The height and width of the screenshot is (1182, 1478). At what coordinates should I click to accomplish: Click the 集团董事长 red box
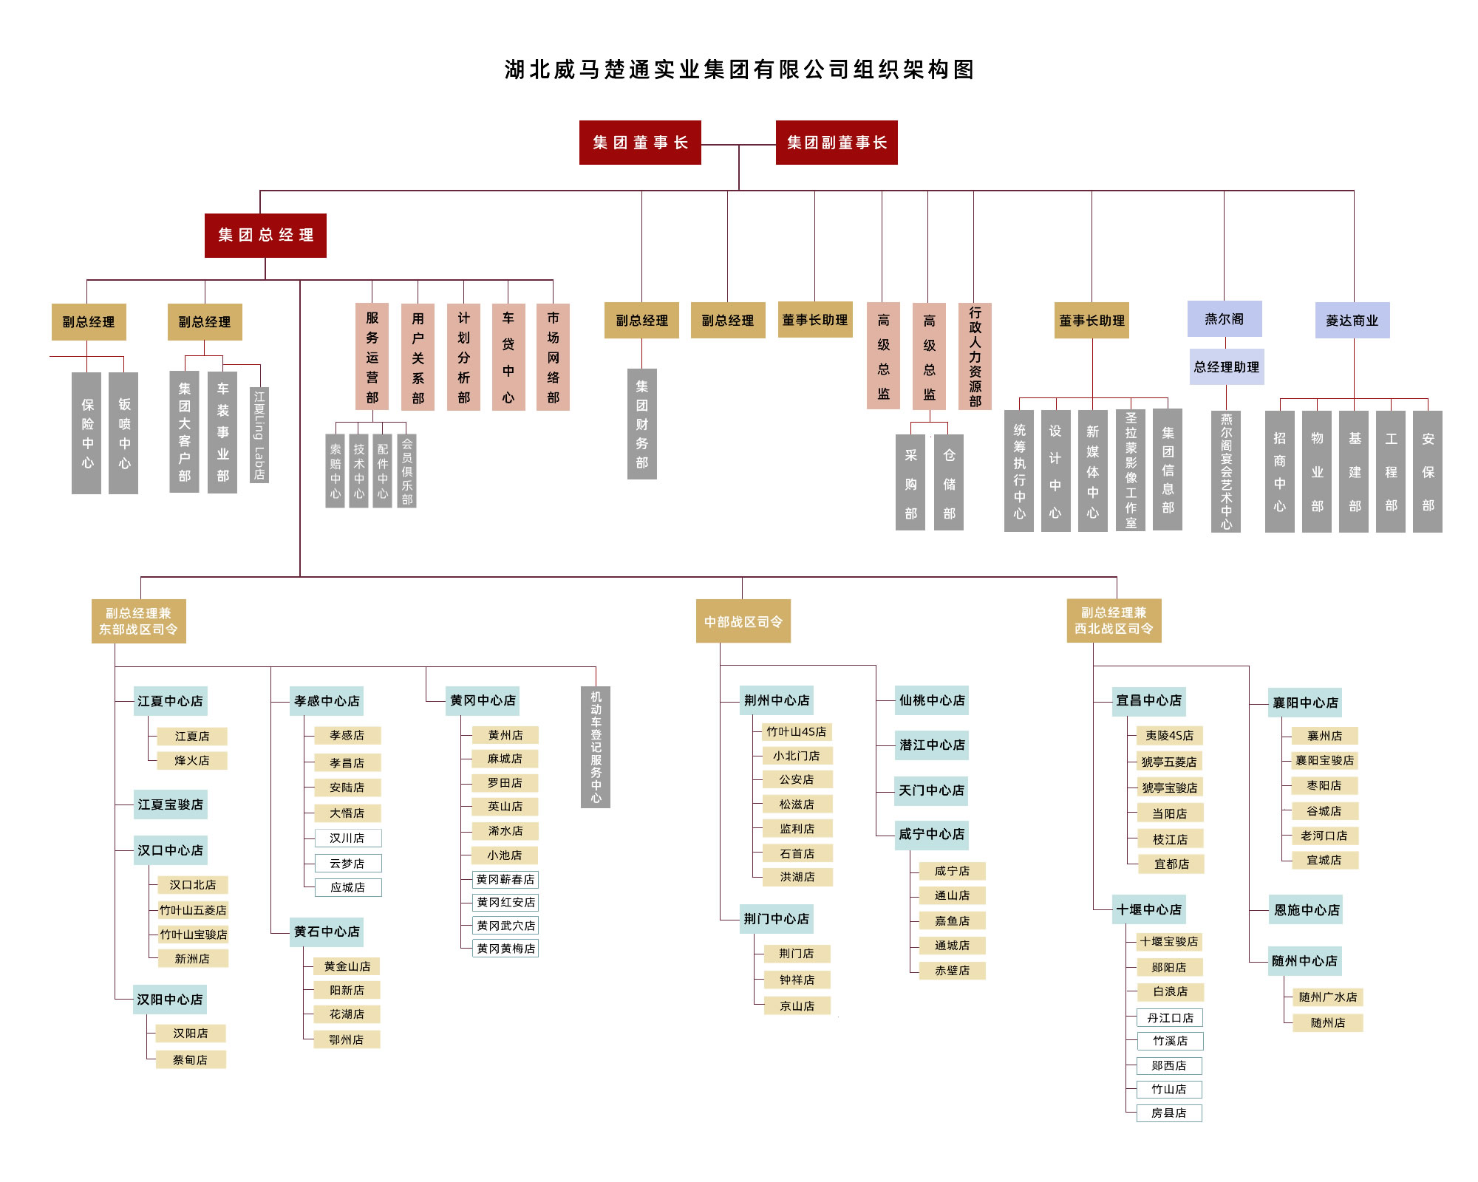pos(640,143)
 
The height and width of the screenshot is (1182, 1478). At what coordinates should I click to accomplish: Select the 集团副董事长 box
pos(837,143)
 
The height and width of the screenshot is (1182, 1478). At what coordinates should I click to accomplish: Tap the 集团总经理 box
pos(265,235)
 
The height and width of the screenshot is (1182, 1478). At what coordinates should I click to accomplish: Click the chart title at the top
pos(739,69)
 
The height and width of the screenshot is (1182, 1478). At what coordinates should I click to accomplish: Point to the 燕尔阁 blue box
pos(1225,319)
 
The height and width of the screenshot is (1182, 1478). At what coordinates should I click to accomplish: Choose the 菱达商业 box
pos(1352,321)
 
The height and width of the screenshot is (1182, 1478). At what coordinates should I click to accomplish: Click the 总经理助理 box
pos(1227,367)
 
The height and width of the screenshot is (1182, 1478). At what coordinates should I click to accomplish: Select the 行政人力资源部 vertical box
pos(975,356)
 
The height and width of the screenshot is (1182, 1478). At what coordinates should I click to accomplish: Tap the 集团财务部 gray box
pos(642,424)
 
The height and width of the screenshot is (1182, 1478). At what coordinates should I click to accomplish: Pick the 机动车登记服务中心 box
pos(596,747)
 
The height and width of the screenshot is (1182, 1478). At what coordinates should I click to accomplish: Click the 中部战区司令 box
pos(743,621)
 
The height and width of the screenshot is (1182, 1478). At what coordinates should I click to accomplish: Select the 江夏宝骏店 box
pos(170,804)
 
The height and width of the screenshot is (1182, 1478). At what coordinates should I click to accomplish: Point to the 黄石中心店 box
pos(327,932)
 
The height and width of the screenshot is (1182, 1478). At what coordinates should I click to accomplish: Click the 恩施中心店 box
pos(1307,910)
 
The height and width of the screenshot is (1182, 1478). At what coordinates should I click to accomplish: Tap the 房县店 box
pos(1169,1113)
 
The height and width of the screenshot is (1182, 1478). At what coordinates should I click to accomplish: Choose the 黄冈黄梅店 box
pos(505,949)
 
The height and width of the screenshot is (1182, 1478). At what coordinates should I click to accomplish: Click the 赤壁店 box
pos(952,971)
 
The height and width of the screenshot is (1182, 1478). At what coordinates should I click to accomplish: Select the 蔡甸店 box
pos(191,1059)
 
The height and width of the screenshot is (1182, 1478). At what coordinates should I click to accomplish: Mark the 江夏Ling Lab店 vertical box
pos(259,435)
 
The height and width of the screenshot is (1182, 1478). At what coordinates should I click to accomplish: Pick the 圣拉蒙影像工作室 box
pos(1131,470)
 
